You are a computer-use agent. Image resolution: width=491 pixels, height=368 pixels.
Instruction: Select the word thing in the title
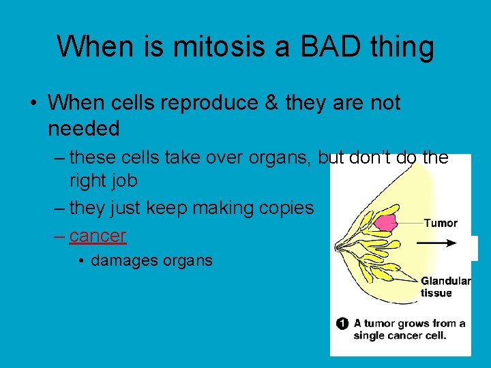(398, 47)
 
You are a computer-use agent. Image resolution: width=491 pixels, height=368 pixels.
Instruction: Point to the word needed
(84, 127)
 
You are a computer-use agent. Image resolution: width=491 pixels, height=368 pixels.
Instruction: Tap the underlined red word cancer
(98, 236)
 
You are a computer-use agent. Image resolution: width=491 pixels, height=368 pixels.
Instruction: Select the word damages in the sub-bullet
(123, 260)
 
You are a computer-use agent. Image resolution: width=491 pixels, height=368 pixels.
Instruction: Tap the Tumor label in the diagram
(441, 223)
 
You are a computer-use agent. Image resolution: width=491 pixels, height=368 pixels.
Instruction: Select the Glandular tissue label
(445, 287)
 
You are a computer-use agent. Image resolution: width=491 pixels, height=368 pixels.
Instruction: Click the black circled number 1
(342, 323)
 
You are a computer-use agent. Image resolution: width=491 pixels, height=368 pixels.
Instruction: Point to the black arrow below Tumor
(436, 243)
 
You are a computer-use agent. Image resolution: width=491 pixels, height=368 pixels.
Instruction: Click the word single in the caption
(371, 335)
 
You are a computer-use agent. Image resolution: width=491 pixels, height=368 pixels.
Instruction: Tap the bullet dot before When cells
(33, 104)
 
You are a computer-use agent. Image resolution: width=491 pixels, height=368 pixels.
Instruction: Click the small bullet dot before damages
(82, 260)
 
